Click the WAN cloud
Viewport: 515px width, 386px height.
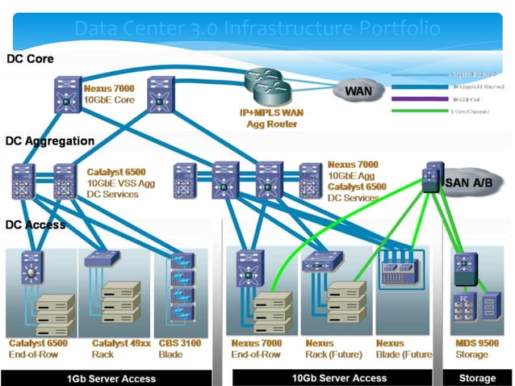pos(358,90)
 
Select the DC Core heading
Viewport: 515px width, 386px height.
pos(31,59)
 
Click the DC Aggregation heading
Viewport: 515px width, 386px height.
pos(50,141)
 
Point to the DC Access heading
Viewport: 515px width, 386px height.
pos(36,224)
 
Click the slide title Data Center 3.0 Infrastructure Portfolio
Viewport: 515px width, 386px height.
pos(257,29)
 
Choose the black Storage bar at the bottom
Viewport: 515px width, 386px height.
pos(477,378)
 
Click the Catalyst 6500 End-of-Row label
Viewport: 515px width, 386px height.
pos(38,349)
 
